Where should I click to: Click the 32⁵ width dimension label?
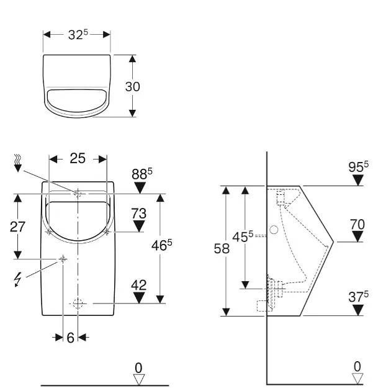78,34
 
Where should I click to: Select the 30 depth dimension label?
133,87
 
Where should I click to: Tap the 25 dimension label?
78,158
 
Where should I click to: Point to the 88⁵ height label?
142,174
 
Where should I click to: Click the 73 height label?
139,213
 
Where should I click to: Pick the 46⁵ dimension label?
161,245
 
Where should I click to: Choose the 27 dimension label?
17,227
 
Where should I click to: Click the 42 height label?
139,285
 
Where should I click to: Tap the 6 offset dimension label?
71,338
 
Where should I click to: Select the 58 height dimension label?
222,249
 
